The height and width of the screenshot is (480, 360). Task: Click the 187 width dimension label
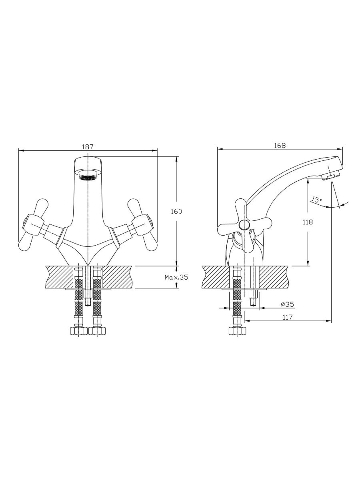tap(88, 147)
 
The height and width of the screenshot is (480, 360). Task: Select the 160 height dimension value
tap(176, 211)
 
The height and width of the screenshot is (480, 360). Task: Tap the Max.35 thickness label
tap(176, 277)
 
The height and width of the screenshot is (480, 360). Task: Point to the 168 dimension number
tap(280, 146)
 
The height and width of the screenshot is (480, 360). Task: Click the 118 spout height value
tap(308, 222)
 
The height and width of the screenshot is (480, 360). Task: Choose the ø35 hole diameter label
tap(287, 304)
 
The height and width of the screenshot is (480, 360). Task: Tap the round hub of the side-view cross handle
tap(244, 225)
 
